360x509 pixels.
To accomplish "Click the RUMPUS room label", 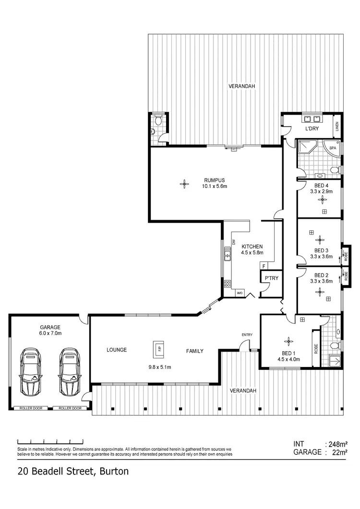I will coord(215,180).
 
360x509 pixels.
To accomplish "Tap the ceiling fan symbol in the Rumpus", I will coord(183,183).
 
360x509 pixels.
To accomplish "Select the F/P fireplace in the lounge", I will coord(157,349).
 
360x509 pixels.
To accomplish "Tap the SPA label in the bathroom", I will coord(333,148).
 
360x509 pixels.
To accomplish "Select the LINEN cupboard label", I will coord(337,126).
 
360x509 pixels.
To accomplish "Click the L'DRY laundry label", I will coord(312,129).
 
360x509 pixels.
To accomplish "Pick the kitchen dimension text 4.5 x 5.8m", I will coord(252,252).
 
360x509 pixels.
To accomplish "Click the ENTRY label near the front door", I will coord(247,335).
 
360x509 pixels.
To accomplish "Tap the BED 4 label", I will coord(321,186).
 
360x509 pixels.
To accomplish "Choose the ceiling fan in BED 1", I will coord(288,342).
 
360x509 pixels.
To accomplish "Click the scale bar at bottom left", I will coord(50,440).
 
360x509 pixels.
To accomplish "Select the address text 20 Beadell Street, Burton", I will coord(73,472).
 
